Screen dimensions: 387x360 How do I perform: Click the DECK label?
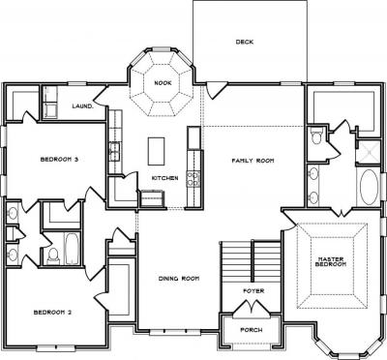(245, 42)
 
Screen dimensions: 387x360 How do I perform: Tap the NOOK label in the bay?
(163, 83)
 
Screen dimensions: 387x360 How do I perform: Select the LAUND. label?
(83, 106)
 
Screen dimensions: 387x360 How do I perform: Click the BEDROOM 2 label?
(52, 313)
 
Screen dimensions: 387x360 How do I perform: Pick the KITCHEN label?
(164, 178)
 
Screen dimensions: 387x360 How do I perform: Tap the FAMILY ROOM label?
(253, 161)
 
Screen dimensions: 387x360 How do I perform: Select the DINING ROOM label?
(179, 279)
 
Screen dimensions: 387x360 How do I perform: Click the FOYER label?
(253, 291)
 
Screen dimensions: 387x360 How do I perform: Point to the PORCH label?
(252, 330)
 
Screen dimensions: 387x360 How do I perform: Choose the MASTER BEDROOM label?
(331, 261)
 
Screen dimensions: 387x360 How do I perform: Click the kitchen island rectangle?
(157, 151)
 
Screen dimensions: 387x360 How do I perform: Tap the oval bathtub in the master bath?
(369, 188)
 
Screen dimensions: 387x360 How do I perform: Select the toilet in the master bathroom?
(314, 136)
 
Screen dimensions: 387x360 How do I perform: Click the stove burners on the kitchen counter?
(193, 179)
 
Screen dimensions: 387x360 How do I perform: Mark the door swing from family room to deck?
(216, 90)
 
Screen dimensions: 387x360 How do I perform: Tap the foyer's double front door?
(252, 309)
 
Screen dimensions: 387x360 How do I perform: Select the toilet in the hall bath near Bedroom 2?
(53, 255)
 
